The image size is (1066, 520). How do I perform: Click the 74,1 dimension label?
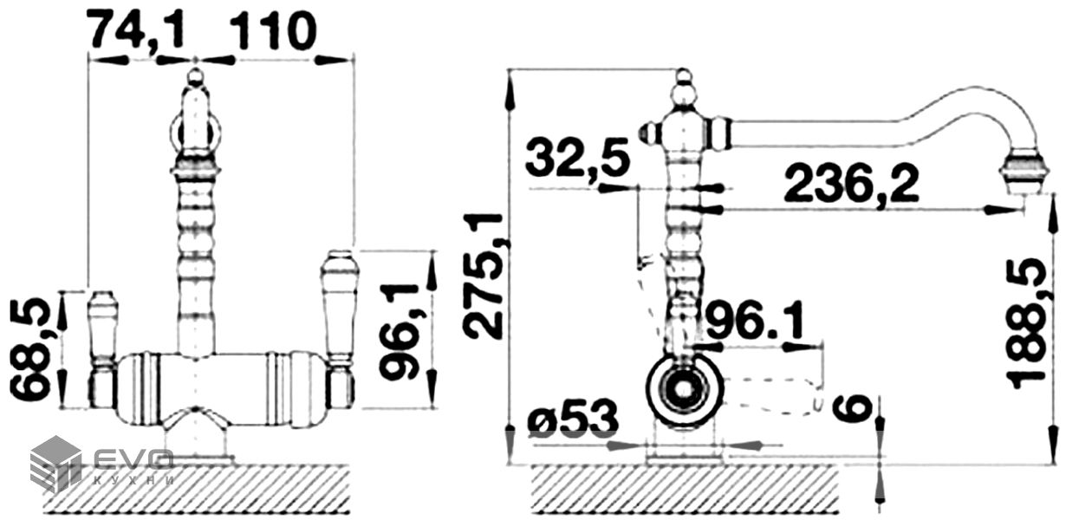pos(138,31)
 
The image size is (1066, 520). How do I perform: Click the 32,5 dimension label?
pos(578,158)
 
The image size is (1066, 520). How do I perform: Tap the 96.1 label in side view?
pos(755,321)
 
